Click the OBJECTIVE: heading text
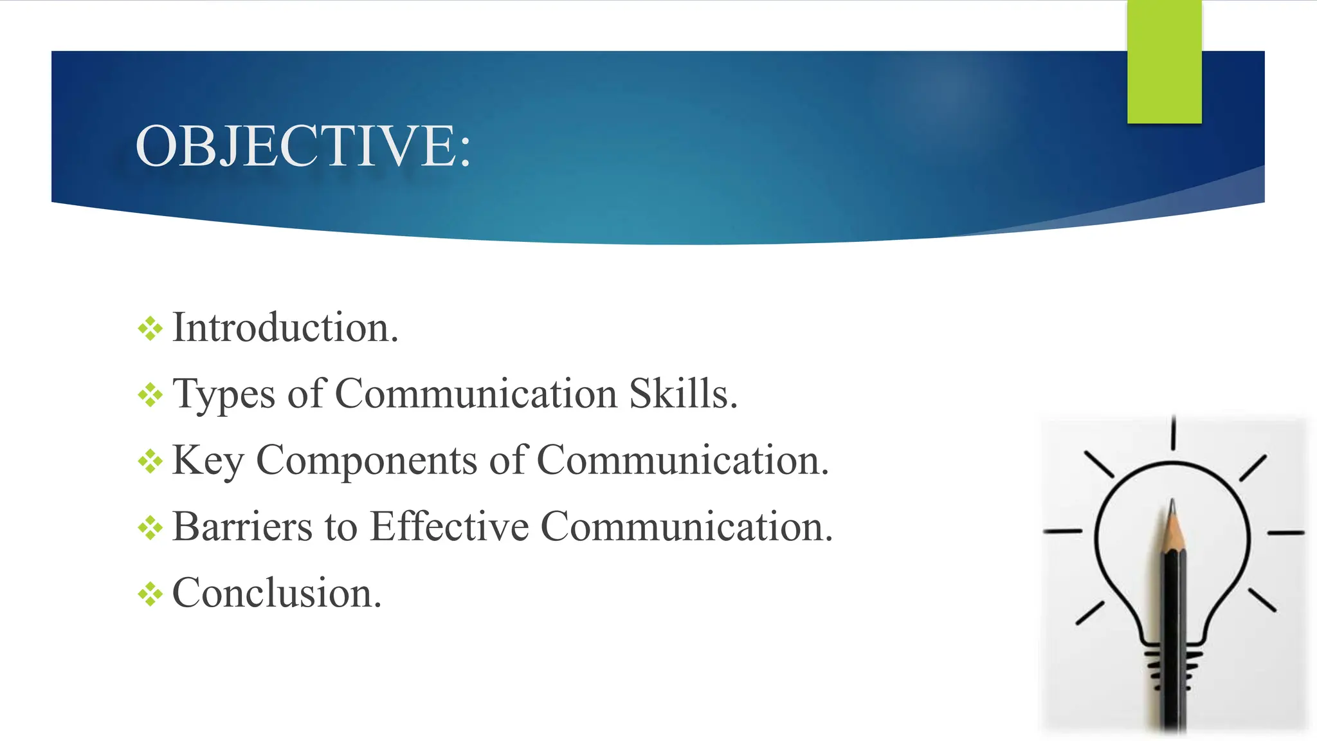(x=303, y=147)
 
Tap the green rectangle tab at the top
(x=1164, y=62)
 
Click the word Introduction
(x=285, y=328)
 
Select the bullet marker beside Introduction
(x=150, y=329)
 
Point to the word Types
(x=224, y=394)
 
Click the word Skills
(x=682, y=394)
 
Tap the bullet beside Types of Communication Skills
(x=150, y=395)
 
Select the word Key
(x=208, y=461)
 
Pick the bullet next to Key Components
(x=150, y=461)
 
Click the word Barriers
(x=242, y=527)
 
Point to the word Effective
(x=450, y=527)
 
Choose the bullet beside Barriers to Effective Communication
(x=150, y=527)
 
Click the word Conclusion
(x=277, y=593)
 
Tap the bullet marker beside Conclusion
(x=150, y=594)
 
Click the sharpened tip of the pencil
(x=1172, y=505)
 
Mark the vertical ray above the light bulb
(x=1174, y=432)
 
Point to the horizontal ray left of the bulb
(x=1062, y=532)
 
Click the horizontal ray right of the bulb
(x=1285, y=533)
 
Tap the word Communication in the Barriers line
(x=686, y=527)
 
